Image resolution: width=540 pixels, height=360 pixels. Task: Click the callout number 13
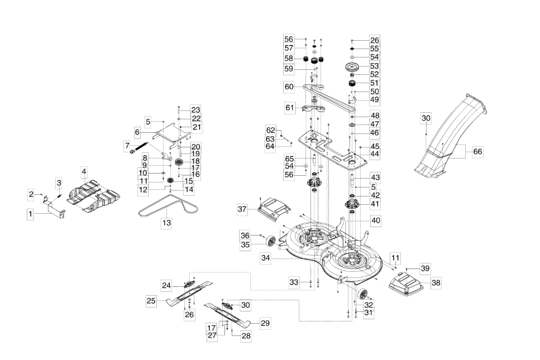point(166,223)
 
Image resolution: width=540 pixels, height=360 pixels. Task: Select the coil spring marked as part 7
point(139,148)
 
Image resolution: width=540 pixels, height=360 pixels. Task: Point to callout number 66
point(477,152)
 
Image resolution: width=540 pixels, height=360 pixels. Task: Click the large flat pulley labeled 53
point(352,67)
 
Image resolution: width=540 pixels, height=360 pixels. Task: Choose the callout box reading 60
point(289,87)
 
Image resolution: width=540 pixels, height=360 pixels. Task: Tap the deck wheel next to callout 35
point(271,241)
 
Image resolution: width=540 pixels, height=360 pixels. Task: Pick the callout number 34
point(265,258)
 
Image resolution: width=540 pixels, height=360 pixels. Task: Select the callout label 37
point(242,209)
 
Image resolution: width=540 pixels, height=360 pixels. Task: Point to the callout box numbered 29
point(265,323)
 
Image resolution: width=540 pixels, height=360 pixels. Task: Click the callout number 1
point(30,214)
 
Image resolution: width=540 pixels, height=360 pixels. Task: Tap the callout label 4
point(84,171)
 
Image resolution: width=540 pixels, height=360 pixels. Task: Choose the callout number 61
point(290,108)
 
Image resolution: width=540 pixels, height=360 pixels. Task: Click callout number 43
point(375,177)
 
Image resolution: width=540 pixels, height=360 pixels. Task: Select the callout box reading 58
point(289,58)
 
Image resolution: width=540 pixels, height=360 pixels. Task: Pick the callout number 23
point(195,110)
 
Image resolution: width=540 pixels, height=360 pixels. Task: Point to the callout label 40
point(376,220)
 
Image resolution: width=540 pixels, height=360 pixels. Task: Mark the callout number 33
point(294,282)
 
